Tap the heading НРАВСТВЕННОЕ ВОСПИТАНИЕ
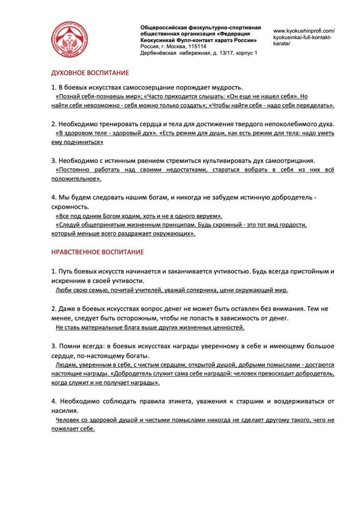pos(97,252)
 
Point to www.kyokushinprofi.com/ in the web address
pos(304,30)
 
